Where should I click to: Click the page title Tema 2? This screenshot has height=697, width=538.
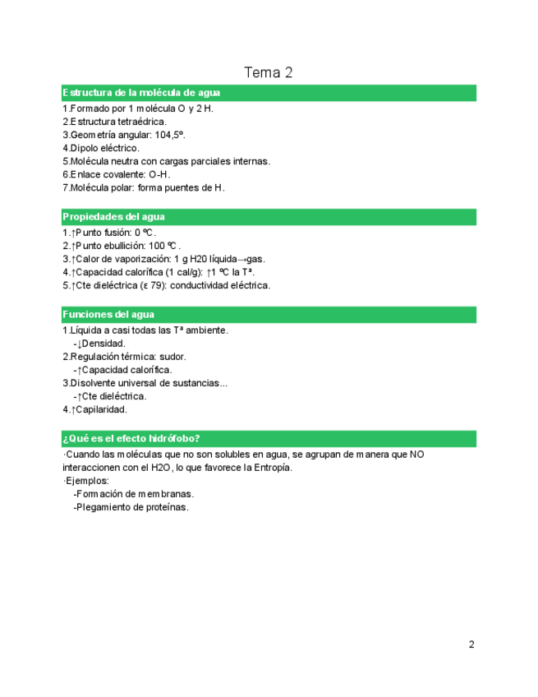pyautogui.click(x=269, y=72)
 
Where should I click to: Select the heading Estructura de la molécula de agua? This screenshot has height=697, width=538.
pyautogui.click(x=141, y=93)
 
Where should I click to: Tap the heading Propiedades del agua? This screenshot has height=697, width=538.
pyautogui.click(x=114, y=217)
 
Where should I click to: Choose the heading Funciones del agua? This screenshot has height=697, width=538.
pyautogui.click(x=108, y=315)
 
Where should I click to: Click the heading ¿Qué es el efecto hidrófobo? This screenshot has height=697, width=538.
pyautogui.click(x=132, y=439)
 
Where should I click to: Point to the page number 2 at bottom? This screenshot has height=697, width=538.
pyautogui.click(x=471, y=644)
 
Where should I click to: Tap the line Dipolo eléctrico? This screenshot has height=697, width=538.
pyautogui.click(x=104, y=148)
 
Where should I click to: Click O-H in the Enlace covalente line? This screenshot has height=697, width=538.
pyautogui.click(x=159, y=174)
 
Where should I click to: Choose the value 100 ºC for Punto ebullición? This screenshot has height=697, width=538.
pyautogui.click(x=163, y=246)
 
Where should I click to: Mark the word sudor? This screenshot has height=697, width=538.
pyautogui.click(x=172, y=357)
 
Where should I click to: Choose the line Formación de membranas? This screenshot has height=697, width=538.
pyautogui.click(x=136, y=494)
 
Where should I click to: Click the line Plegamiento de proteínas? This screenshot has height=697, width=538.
pyautogui.click(x=133, y=507)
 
